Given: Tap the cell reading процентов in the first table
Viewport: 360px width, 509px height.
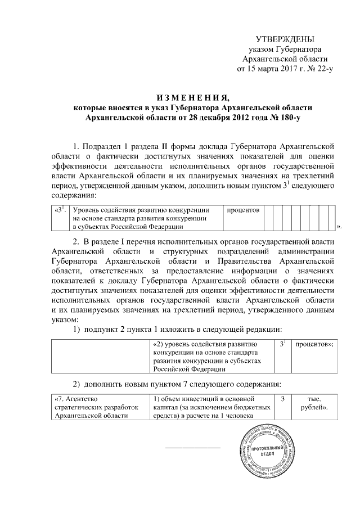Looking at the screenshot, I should tap(243, 210).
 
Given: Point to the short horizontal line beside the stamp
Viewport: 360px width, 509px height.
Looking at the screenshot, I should tap(192, 448).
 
